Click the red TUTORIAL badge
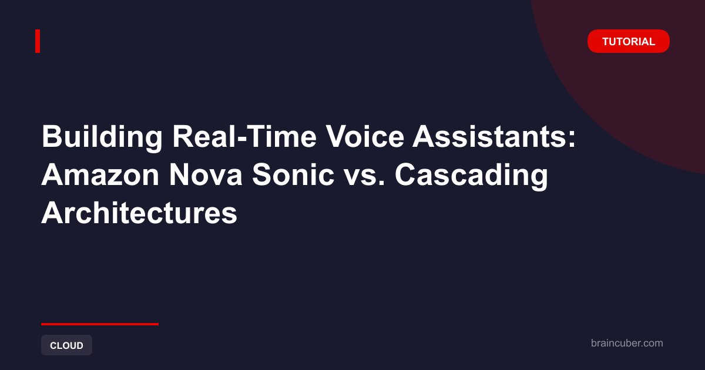629,41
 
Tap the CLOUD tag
66,345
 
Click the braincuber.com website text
627,343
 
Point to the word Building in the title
102,137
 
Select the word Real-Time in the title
244,136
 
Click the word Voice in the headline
365,136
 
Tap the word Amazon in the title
100,175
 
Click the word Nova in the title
206,175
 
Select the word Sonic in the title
293,175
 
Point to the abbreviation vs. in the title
364,178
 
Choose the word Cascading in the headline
471,176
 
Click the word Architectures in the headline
139,213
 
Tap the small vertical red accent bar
38,41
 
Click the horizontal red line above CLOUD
100,324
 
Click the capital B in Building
52,136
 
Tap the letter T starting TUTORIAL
606,42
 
